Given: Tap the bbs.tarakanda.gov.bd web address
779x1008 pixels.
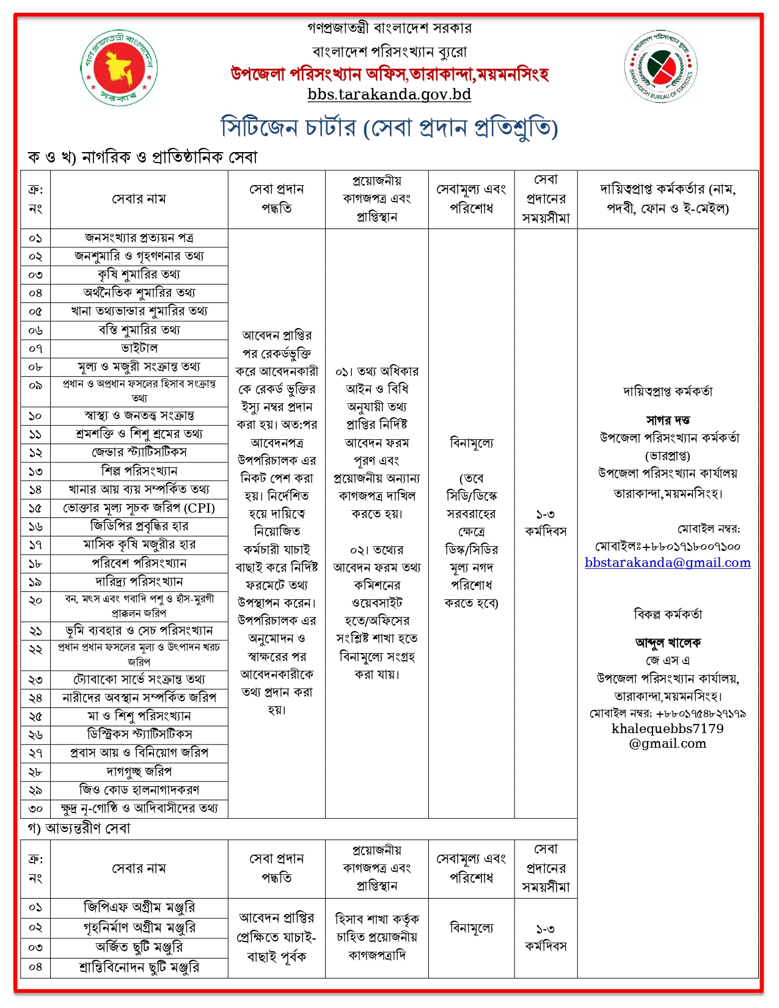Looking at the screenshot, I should coord(389,95).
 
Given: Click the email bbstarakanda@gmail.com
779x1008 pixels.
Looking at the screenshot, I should coord(667,563).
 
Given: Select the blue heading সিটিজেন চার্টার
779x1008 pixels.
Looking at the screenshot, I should coord(389,128).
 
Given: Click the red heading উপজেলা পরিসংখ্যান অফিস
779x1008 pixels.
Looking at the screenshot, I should coord(389,75).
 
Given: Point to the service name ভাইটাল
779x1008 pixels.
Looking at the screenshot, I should coord(139,348).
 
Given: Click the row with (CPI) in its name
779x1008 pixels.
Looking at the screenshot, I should coord(139,508).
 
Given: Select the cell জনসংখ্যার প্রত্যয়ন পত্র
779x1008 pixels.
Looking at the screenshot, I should coord(139,238).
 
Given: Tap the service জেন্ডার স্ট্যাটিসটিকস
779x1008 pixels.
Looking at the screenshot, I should coord(139,452).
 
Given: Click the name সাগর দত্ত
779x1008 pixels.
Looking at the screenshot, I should coord(668,420).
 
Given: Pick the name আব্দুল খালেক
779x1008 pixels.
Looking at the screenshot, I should coord(668,643).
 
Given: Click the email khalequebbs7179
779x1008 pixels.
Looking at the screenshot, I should coord(667,736).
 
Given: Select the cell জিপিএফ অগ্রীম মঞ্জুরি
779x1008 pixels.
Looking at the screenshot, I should coord(139,908).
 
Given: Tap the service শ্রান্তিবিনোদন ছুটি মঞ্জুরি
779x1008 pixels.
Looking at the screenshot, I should coord(139,968).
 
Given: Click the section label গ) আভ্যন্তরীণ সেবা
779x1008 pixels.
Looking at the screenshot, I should coord(79,829).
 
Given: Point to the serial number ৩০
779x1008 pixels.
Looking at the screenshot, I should coord(35,809).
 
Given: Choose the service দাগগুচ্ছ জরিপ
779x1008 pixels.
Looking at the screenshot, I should coord(139,772).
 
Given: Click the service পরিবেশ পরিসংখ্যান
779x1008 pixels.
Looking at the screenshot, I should coord(139,563).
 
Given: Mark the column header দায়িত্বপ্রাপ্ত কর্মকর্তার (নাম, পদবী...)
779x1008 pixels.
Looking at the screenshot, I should coord(668,199).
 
